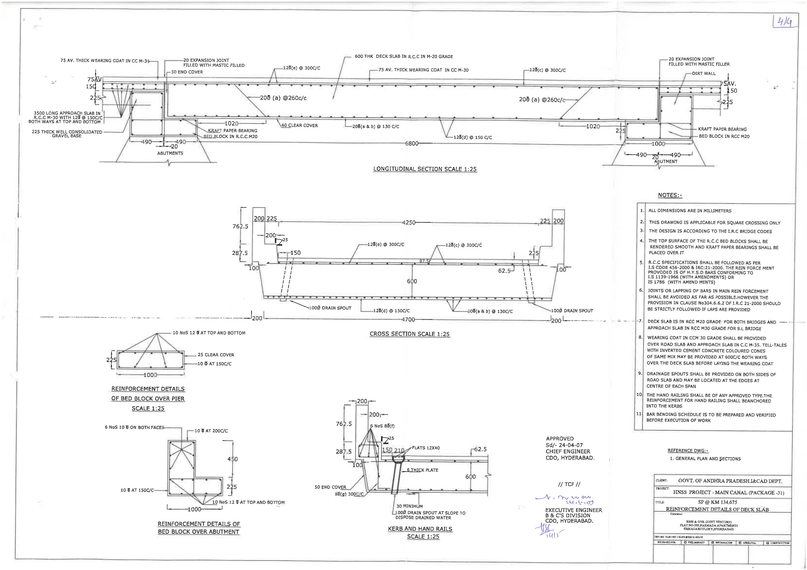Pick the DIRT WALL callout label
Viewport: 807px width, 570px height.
[x=704, y=74]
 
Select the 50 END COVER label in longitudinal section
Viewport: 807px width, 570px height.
[x=187, y=72]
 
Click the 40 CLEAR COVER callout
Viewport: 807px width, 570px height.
[x=300, y=126]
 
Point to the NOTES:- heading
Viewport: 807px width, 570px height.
[x=670, y=196]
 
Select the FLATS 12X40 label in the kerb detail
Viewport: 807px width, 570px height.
[x=426, y=448]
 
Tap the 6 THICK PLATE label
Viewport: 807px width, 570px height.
[x=423, y=470]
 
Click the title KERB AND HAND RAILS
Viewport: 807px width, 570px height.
[x=420, y=529]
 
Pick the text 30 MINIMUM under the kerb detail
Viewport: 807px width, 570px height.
[x=409, y=506]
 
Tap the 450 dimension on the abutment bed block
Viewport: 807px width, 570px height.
[x=233, y=459]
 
